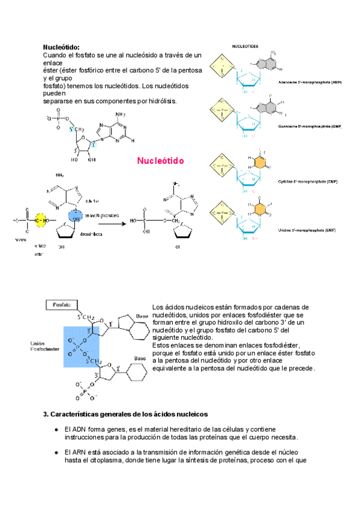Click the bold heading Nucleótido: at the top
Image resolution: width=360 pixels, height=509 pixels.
[x=61, y=47]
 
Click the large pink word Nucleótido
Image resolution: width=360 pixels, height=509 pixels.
[x=160, y=161]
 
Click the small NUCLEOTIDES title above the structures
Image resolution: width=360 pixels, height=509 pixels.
[x=245, y=46]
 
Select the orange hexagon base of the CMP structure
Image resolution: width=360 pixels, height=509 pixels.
[x=260, y=163]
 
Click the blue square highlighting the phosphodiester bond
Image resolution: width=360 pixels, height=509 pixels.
[x=82, y=347]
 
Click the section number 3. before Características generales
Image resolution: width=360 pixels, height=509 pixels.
[x=46, y=414]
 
